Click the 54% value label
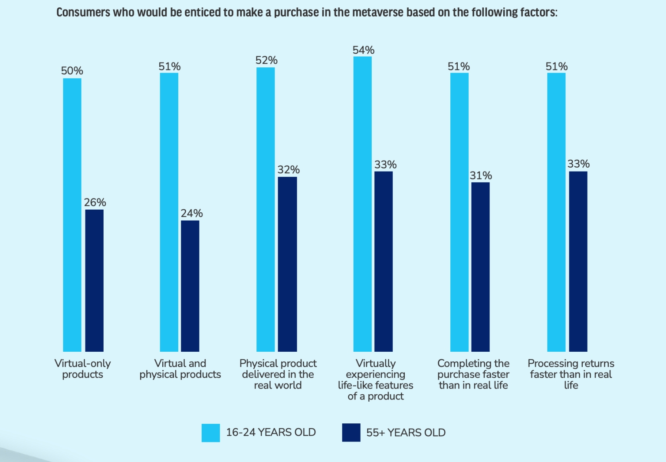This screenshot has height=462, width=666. pos(363,50)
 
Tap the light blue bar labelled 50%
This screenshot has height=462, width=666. pos(72,214)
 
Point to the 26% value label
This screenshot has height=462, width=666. pos(95,202)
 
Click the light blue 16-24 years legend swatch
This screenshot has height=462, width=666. pos(210,432)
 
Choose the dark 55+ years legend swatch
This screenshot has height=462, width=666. pos(351,432)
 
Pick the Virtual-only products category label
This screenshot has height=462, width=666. pos(82,369)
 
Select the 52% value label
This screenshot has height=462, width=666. pos(266,60)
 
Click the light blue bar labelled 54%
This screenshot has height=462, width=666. pos(362,204)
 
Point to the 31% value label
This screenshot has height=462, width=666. pos(481,175)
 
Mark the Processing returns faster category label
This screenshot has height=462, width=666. pos(571,374)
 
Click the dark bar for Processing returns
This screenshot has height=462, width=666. pos(578,261)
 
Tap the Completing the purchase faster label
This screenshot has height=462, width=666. pos(473,374)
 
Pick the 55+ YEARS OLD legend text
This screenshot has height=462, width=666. pos(406,432)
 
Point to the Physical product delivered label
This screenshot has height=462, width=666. pos(278,374)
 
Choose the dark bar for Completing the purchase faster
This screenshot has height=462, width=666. pos(480,267)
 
